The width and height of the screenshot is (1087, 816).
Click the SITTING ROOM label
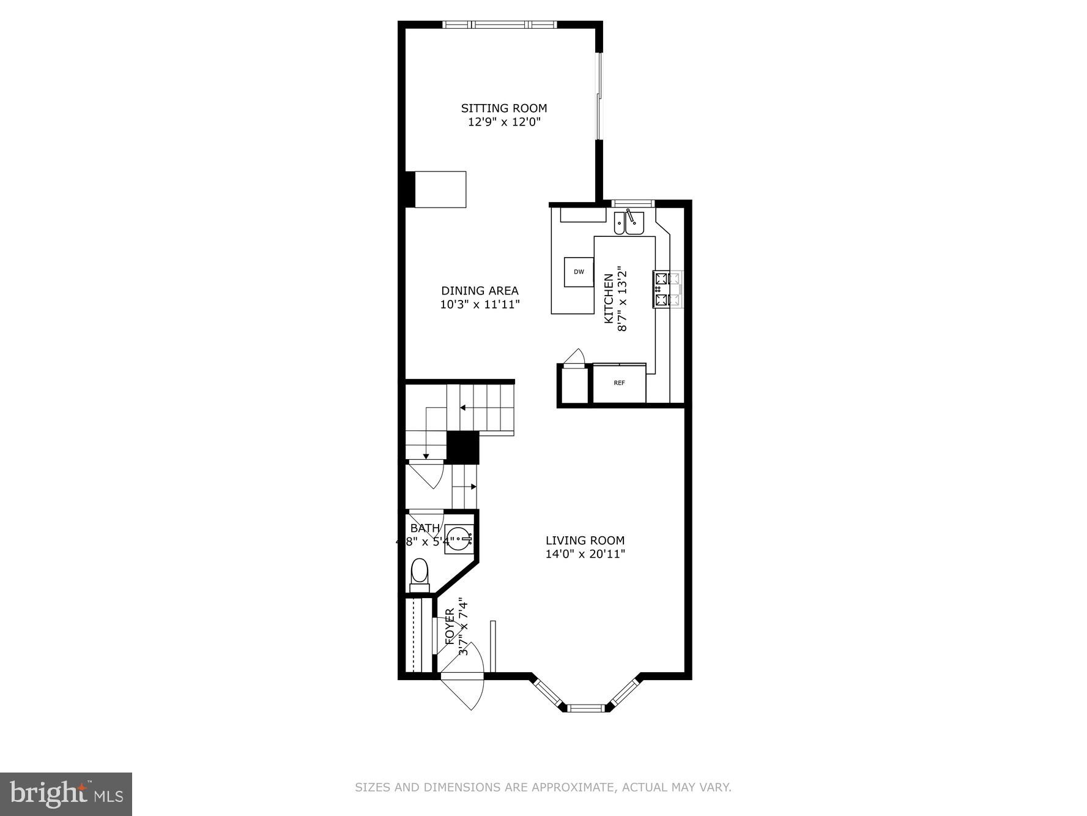click(503, 108)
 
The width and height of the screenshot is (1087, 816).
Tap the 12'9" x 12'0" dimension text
click(503, 122)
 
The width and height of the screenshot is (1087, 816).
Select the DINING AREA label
click(480, 291)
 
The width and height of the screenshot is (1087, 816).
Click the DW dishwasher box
click(579, 272)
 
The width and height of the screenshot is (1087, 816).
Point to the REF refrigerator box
click(619, 383)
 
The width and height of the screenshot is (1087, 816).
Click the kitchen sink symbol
click(629, 222)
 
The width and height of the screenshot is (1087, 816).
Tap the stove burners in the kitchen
click(667, 289)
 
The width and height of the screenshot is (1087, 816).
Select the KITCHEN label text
click(609, 299)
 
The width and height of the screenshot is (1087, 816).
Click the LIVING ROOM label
click(585, 541)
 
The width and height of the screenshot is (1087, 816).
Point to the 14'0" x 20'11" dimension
click(585, 555)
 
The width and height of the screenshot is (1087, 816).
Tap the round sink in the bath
click(459, 539)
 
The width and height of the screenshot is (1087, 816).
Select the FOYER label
click(450, 626)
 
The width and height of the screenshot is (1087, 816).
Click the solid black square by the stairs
click(462, 447)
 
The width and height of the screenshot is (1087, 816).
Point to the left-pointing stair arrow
click(463, 408)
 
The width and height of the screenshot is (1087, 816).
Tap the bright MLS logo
click(66, 794)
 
